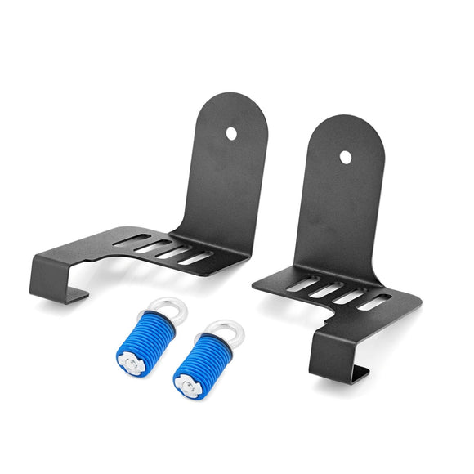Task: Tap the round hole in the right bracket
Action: (x=346, y=156)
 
